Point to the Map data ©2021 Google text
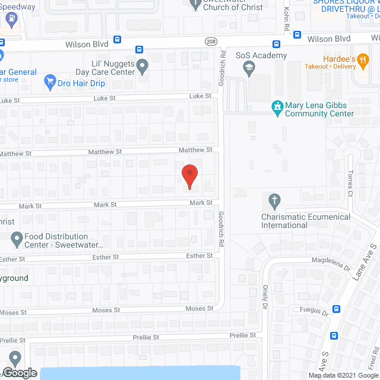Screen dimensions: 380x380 tap(343, 375)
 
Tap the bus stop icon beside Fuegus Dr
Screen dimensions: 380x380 tap(337, 309)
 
